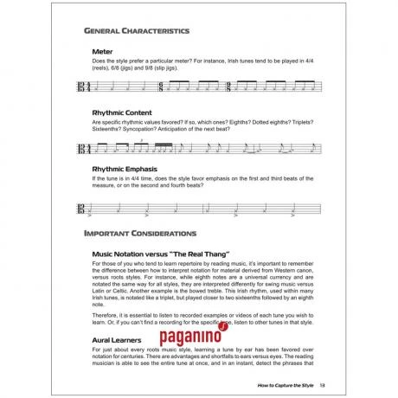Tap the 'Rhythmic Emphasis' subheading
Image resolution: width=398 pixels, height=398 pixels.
click(127, 168)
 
